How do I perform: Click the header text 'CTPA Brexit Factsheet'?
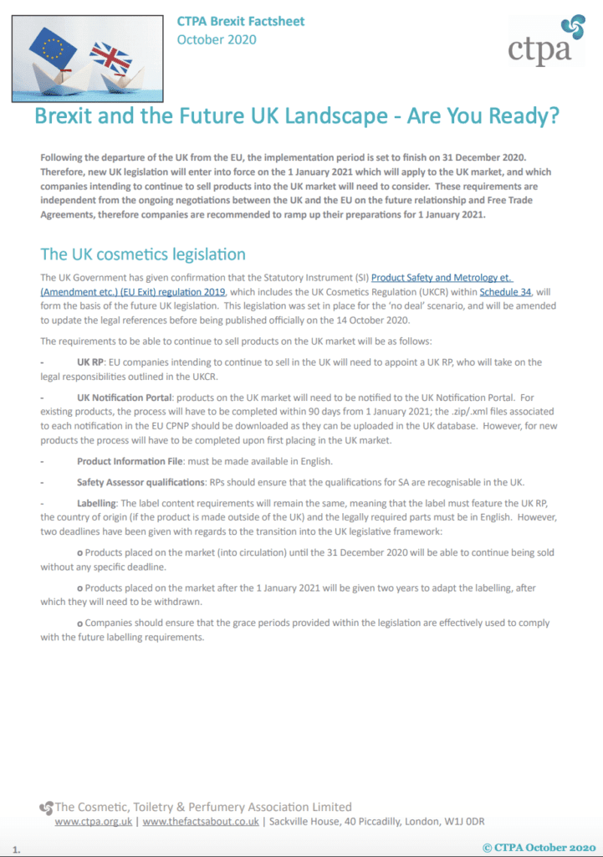coord(240,21)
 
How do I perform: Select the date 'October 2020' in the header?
coord(217,39)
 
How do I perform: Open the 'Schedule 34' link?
coord(508,290)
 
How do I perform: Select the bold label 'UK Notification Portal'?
coord(128,398)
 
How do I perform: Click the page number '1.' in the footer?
coord(17,849)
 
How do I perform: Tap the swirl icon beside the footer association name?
coord(47,808)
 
